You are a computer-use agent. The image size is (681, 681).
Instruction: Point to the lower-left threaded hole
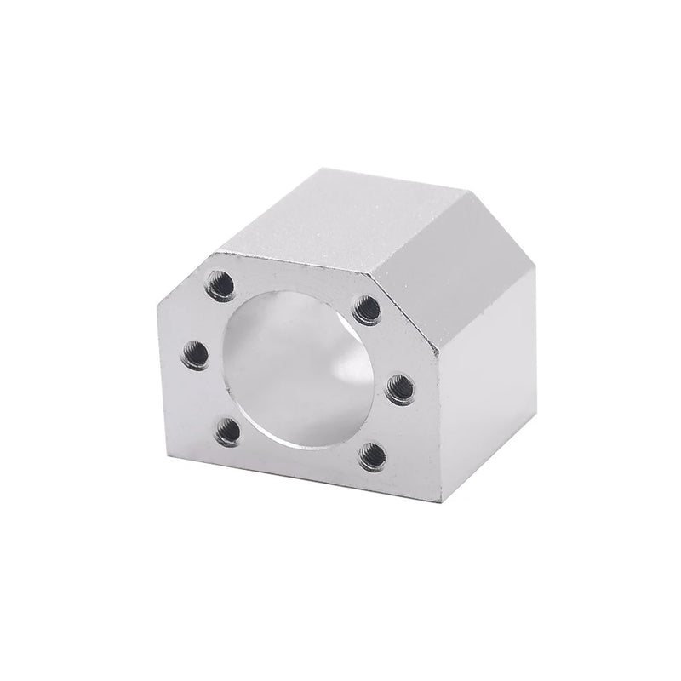(226, 432)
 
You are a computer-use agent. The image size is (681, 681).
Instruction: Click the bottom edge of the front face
(298, 473)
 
